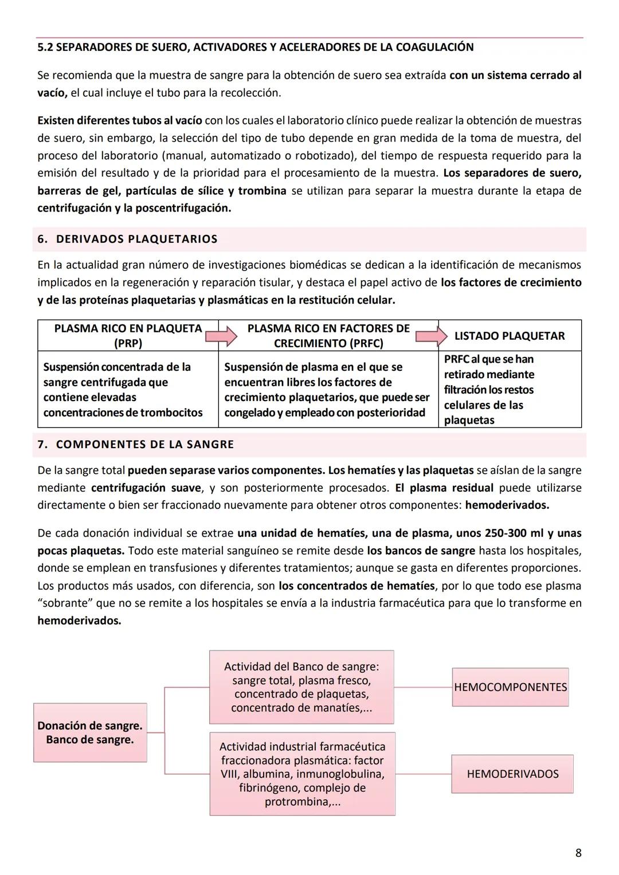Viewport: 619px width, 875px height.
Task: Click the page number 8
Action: tap(578, 853)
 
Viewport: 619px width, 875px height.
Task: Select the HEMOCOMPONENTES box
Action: tap(510, 687)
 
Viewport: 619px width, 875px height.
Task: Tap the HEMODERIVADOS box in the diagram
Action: tap(512, 774)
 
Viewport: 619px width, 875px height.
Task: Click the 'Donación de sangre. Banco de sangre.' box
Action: tap(90, 732)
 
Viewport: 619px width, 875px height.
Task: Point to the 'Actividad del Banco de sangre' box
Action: tap(301, 687)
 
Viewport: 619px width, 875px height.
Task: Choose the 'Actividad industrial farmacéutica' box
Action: tap(302, 774)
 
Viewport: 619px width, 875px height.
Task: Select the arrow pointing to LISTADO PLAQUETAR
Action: tap(432, 336)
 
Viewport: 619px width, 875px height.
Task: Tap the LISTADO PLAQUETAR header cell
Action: tap(510, 336)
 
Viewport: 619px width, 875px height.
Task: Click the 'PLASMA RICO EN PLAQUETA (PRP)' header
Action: tap(128, 336)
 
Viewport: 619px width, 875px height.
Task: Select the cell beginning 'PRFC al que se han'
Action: tap(510, 389)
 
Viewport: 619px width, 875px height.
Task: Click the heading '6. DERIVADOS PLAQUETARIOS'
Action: tap(127, 239)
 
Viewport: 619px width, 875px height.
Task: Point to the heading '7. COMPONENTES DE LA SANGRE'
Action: tap(136, 444)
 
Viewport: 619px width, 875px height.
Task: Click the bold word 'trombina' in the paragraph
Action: tap(262, 190)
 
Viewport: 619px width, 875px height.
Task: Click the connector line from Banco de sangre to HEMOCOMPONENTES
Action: tap(422, 686)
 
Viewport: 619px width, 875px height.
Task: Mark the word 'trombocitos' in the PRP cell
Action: tap(170, 413)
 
